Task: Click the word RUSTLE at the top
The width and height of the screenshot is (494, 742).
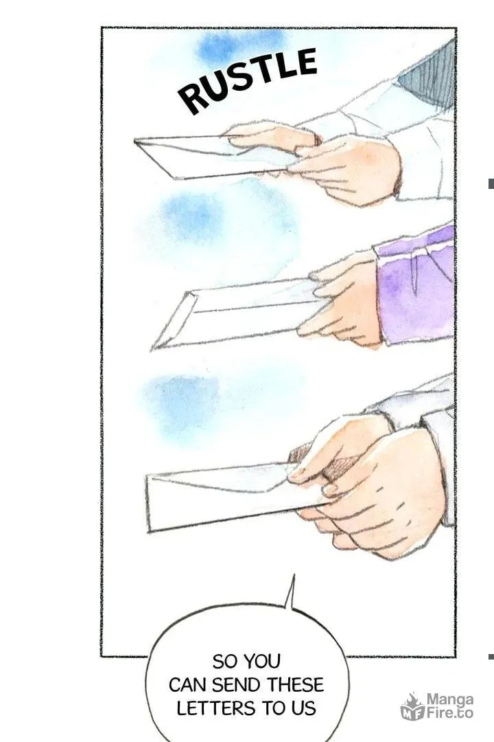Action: click(x=247, y=80)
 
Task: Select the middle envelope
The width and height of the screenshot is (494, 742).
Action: click(x=236, y=313)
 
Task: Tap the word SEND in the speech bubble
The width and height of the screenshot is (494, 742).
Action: click(x=238, y=685)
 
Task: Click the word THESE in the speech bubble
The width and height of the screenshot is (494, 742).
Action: click(x=296, y=685)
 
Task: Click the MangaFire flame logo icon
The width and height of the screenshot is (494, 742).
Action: click(x=412, y=707)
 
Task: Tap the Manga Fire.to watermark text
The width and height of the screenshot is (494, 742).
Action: click(x=449, y=706)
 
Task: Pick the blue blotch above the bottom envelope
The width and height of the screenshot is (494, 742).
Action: click(x=182, y=402)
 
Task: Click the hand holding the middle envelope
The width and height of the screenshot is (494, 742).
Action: click(x=343, y=298)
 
